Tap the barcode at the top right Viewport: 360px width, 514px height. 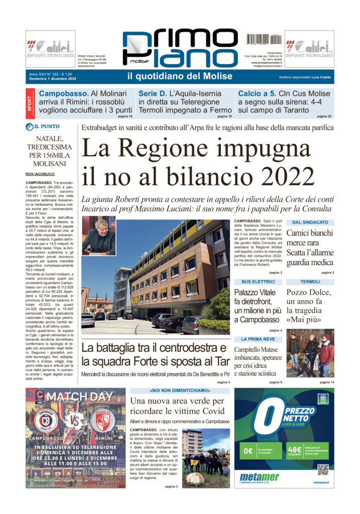[x=263, y=40]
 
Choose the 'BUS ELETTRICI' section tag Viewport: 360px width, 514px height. [x=258, y=282]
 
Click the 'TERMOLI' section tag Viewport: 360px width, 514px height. [x=310, y=282]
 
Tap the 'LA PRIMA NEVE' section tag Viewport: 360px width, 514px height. [x=258, y=339]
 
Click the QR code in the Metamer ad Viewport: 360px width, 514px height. [x=323, y=469]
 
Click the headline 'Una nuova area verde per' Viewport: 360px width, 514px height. [x=177, y=401]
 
